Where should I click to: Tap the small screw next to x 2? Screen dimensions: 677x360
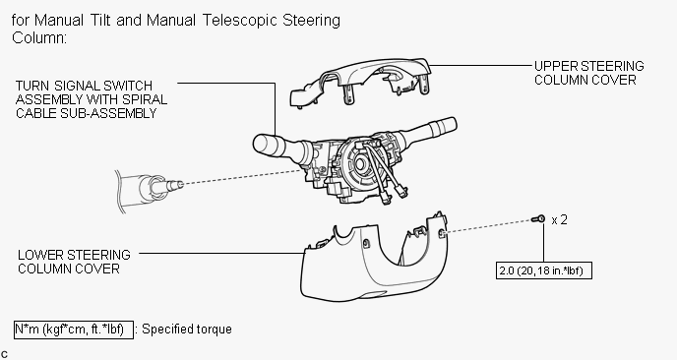tap(538, 219)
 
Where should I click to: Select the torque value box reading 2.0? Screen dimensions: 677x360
tap(543, 270)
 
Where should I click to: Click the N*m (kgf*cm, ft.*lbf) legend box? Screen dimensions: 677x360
tap(74, 330)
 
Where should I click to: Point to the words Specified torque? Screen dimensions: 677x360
tap(187, 330)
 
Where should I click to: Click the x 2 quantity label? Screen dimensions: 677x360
tap(560, 220)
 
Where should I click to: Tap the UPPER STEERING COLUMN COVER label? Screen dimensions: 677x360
tap(588, 73)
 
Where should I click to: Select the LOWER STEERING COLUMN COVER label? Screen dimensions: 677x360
tap(74, 262)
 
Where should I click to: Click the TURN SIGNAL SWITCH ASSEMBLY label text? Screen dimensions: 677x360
tap(92, 99)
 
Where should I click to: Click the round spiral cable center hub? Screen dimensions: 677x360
tap(360, 163)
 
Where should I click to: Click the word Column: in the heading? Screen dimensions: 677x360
tap(39, 38)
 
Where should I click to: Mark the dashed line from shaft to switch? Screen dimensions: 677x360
tap(243, 177)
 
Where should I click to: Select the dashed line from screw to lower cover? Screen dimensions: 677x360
tap(489, 226)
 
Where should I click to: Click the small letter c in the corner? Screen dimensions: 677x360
tap(4, 355)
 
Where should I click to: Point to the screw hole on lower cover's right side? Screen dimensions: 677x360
tap(442, 233)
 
